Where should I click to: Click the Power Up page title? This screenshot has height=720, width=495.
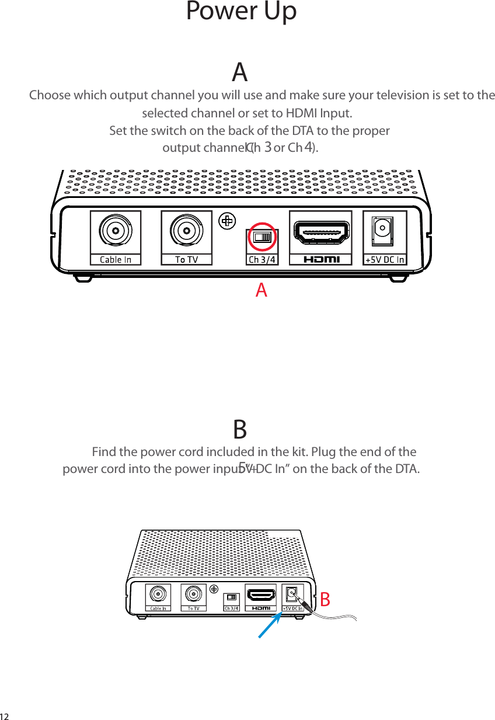(241, 12)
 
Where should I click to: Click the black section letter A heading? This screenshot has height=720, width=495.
(240, 72)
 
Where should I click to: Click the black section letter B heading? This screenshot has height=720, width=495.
(240, 429)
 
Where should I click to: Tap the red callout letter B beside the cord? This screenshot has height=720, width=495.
(325, 599)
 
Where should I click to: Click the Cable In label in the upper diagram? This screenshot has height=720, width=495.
(116, 259)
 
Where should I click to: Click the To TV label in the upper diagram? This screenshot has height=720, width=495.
(187, 259)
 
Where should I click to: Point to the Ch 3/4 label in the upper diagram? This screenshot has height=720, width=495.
(262, 259)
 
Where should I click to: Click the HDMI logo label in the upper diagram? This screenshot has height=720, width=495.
(322, 259)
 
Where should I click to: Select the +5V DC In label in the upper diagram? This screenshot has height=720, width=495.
(385, 259)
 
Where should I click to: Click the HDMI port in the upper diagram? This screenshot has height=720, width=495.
(322, 232)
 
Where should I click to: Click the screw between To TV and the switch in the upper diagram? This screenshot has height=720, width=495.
(226, 220)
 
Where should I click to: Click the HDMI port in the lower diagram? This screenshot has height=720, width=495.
(262, 595)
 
